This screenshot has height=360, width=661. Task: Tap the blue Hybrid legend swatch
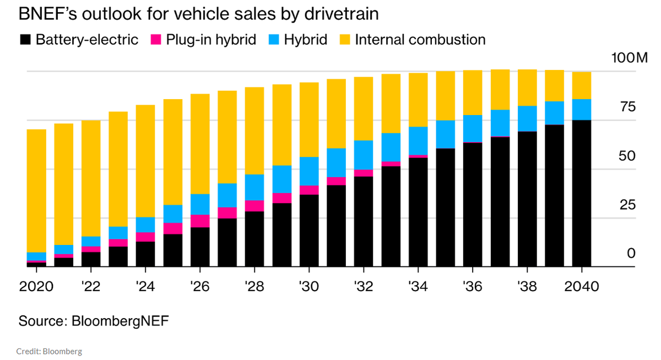273,40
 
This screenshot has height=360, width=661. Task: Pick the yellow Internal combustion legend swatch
345,40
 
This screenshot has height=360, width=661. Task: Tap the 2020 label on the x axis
36,287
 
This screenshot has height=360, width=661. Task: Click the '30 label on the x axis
308,287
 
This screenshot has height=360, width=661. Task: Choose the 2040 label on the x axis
582,287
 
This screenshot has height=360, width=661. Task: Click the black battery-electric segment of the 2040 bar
582,193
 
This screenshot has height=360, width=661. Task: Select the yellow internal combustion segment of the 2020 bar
36,190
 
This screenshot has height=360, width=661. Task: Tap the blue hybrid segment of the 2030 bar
308,171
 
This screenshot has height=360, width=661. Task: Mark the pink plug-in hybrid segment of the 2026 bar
199,221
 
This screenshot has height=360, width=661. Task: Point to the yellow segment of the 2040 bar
582,85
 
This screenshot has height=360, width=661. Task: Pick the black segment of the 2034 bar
418,212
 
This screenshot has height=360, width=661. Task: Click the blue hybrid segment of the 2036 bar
472,128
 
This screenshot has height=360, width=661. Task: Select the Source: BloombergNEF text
94,321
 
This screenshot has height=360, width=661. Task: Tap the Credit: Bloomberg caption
50,351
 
